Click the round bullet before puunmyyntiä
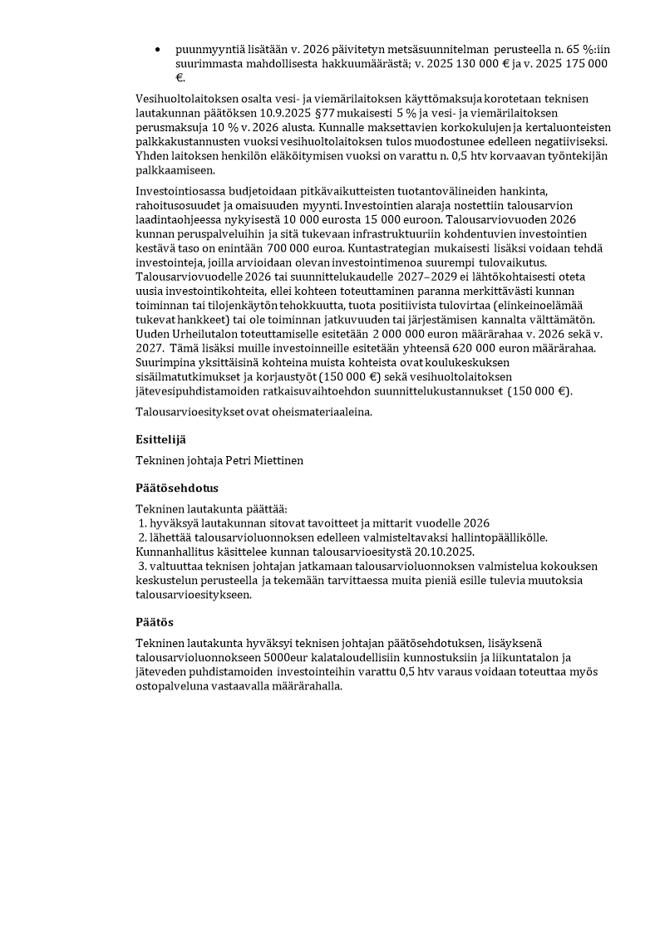(157, 50)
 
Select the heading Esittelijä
(162, 439)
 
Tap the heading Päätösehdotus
(177, 488)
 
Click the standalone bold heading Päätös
(155, 621)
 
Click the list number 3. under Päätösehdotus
(143, 565)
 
